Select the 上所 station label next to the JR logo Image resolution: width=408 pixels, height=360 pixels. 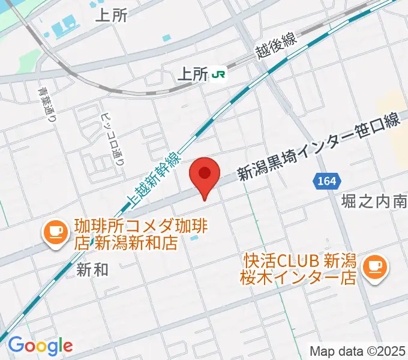(x=192, y=74)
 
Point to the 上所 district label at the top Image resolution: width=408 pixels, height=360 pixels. (x=112, y=16)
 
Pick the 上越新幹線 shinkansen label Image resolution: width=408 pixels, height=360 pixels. (x=154, y=178)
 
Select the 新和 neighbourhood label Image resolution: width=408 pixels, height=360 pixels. (x=92, y=270)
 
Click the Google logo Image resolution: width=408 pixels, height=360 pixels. (x=40, y=346)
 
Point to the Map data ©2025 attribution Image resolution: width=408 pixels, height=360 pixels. (x=358, y=350)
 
